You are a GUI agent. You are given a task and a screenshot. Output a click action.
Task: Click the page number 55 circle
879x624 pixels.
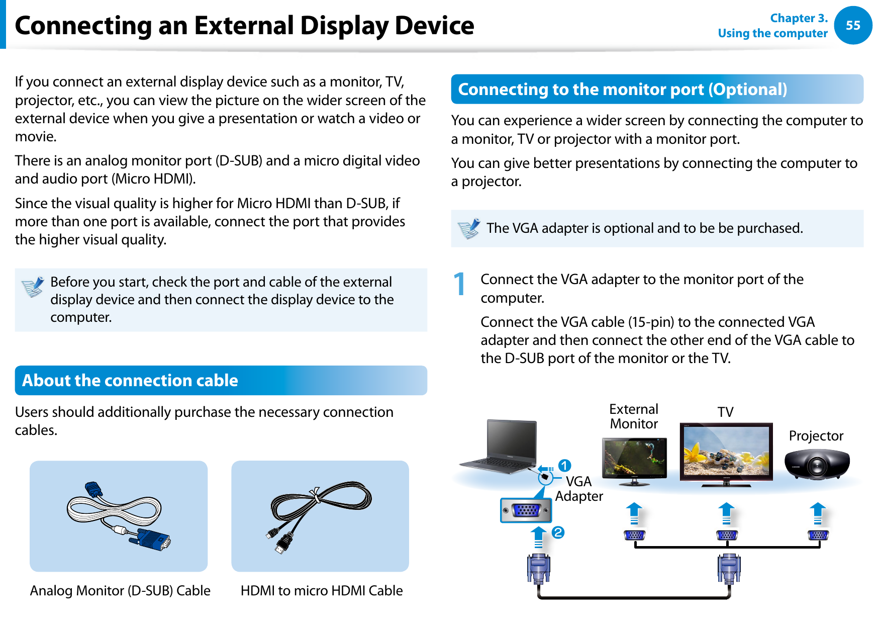pyautogui.click(x=853, y=25)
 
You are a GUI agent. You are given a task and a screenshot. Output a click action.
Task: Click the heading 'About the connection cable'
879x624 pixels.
pyautogui.click(x=130, y=381)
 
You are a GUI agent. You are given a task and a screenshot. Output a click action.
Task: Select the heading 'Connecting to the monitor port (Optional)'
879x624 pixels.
pyautogui.click(x=622, y=90)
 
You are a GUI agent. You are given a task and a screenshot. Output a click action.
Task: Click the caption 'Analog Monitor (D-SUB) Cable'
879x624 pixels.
pyautogui.click(x=120, y=590)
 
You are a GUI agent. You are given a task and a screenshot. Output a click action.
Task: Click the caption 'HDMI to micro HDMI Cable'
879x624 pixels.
pyautogui.click(x=322, y=590)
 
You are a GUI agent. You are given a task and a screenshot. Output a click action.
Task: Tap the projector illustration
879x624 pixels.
pyautogui.click(x=817, y=464)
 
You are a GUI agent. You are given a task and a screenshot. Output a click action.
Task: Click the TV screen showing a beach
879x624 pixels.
pyautogui.click(x=726, y=452)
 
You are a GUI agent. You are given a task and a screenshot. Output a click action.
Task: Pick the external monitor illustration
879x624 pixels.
pyautogui.click(x=634, y=460)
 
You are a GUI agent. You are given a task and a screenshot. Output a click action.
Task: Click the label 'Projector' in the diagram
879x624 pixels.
pyautogui.click(x=816, y=435)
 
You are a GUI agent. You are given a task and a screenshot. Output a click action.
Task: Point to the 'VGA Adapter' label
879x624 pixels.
pyautogui.click(x=579, y=489)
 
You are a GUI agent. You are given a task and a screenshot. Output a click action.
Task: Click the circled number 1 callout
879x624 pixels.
pyautogui.click(x=564, y=466)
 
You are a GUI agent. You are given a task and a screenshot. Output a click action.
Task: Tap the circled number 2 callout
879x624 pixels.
pyautogui.click(x=558, y=532)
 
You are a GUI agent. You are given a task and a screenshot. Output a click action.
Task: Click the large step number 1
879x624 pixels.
pyautogui.click(x=459, y=284)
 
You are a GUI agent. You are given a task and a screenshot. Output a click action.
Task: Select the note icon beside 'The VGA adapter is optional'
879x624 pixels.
pyautogui.click(x=468, y=229)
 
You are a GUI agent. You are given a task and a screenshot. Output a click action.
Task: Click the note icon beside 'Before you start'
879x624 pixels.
pyautogui.click(x=33, y=287)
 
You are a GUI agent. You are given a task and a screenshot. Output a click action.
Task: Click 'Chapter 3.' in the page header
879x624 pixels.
pyautogui.click(x=799, y=18)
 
